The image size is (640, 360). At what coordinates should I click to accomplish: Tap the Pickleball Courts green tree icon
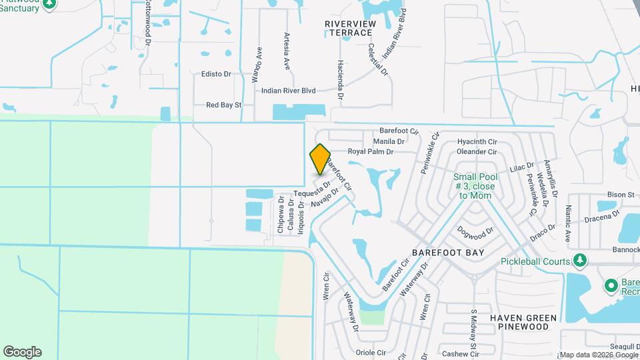click(x=581, y=259)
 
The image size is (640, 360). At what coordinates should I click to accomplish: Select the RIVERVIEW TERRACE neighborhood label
click(x=348, y=28)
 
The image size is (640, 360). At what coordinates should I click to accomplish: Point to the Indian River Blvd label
click(x=289, y=91)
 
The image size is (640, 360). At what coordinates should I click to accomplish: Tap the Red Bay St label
click(x=223, y=105)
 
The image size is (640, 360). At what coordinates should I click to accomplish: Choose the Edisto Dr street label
click(x=216, y=75)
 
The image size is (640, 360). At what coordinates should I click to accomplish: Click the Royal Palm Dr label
click(x=371, y=152)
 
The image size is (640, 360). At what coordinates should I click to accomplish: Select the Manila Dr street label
click(x=389, y=141)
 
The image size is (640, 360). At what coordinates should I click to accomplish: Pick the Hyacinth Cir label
click(x=477, y=142)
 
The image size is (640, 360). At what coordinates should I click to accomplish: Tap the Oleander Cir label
click(x=477, y=152)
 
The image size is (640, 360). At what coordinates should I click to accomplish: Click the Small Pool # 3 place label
click(x=474, y=187)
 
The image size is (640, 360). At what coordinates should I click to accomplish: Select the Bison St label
click(x=620, y=195)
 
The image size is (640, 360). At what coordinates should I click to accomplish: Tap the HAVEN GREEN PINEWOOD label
click(x=529, y=322)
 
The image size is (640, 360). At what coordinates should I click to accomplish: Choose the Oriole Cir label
click(x=372, y=352)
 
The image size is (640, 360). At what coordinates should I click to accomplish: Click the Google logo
click(x=22, y=351)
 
